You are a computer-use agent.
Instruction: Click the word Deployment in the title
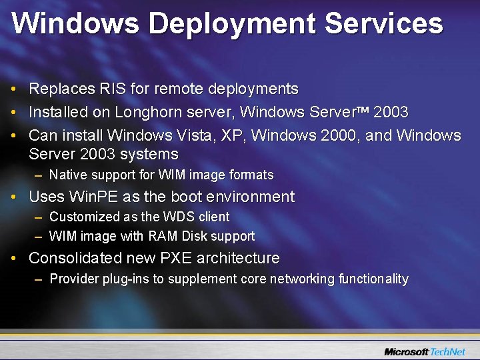click(231, 24)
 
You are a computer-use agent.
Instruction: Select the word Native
click(68, 175)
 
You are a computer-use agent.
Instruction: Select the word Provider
click(74, 279)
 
